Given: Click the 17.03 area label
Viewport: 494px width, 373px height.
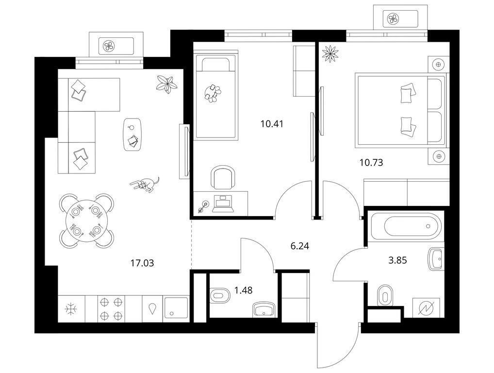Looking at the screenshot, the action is click(142, 263).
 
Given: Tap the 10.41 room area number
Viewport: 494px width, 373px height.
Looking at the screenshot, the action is click(272, 124).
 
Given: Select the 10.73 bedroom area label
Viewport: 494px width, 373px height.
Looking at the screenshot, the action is click(371, 163).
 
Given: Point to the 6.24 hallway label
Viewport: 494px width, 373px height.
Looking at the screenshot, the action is click(299, 246).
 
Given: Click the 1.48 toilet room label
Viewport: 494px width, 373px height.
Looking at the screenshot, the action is click(243, 290).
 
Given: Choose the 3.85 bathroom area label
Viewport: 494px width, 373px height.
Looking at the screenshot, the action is click(397, 260).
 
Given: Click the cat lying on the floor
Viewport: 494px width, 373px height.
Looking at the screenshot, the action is click(145, 184).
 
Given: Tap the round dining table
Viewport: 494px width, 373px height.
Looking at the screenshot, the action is click(86, 220).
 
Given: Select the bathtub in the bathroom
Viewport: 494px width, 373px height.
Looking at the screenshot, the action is click(408, 226).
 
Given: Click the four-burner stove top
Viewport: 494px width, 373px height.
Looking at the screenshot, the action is click(111, 309).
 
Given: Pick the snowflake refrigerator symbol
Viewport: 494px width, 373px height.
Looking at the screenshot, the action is click(71, 309).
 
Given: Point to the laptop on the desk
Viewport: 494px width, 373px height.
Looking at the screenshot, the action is click(223, 203).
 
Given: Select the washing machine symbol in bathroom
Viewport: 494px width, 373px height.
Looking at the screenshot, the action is click(426, 308).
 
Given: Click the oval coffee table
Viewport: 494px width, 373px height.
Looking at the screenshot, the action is click(132, 135).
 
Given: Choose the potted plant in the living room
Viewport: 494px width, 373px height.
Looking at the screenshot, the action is click(166, 84).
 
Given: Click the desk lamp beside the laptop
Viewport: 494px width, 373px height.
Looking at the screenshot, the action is click(202, 207).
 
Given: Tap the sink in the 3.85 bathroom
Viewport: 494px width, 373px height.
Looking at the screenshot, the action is click(436, 259).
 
